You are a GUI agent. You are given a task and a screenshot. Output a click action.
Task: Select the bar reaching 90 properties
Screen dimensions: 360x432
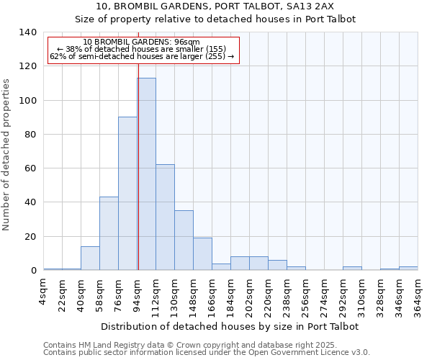[127, 194]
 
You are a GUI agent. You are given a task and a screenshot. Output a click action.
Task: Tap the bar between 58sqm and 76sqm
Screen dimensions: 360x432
[109, 233]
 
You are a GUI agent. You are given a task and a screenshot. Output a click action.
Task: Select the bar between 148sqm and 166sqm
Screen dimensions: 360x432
[202, 254]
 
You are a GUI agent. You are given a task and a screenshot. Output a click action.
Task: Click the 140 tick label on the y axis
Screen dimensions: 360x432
[27, 32]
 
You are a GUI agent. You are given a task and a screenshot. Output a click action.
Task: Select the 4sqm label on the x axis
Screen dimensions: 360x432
[44, 291]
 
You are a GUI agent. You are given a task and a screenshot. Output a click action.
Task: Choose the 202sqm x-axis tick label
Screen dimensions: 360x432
[250, 294]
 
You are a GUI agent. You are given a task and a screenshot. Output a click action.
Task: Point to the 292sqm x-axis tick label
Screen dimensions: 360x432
[343, 294]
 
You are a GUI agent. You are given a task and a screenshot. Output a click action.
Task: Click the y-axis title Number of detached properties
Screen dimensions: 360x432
[7, 154]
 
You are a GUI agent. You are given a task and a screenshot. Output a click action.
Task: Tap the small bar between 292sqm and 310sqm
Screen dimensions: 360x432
[352, 269]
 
